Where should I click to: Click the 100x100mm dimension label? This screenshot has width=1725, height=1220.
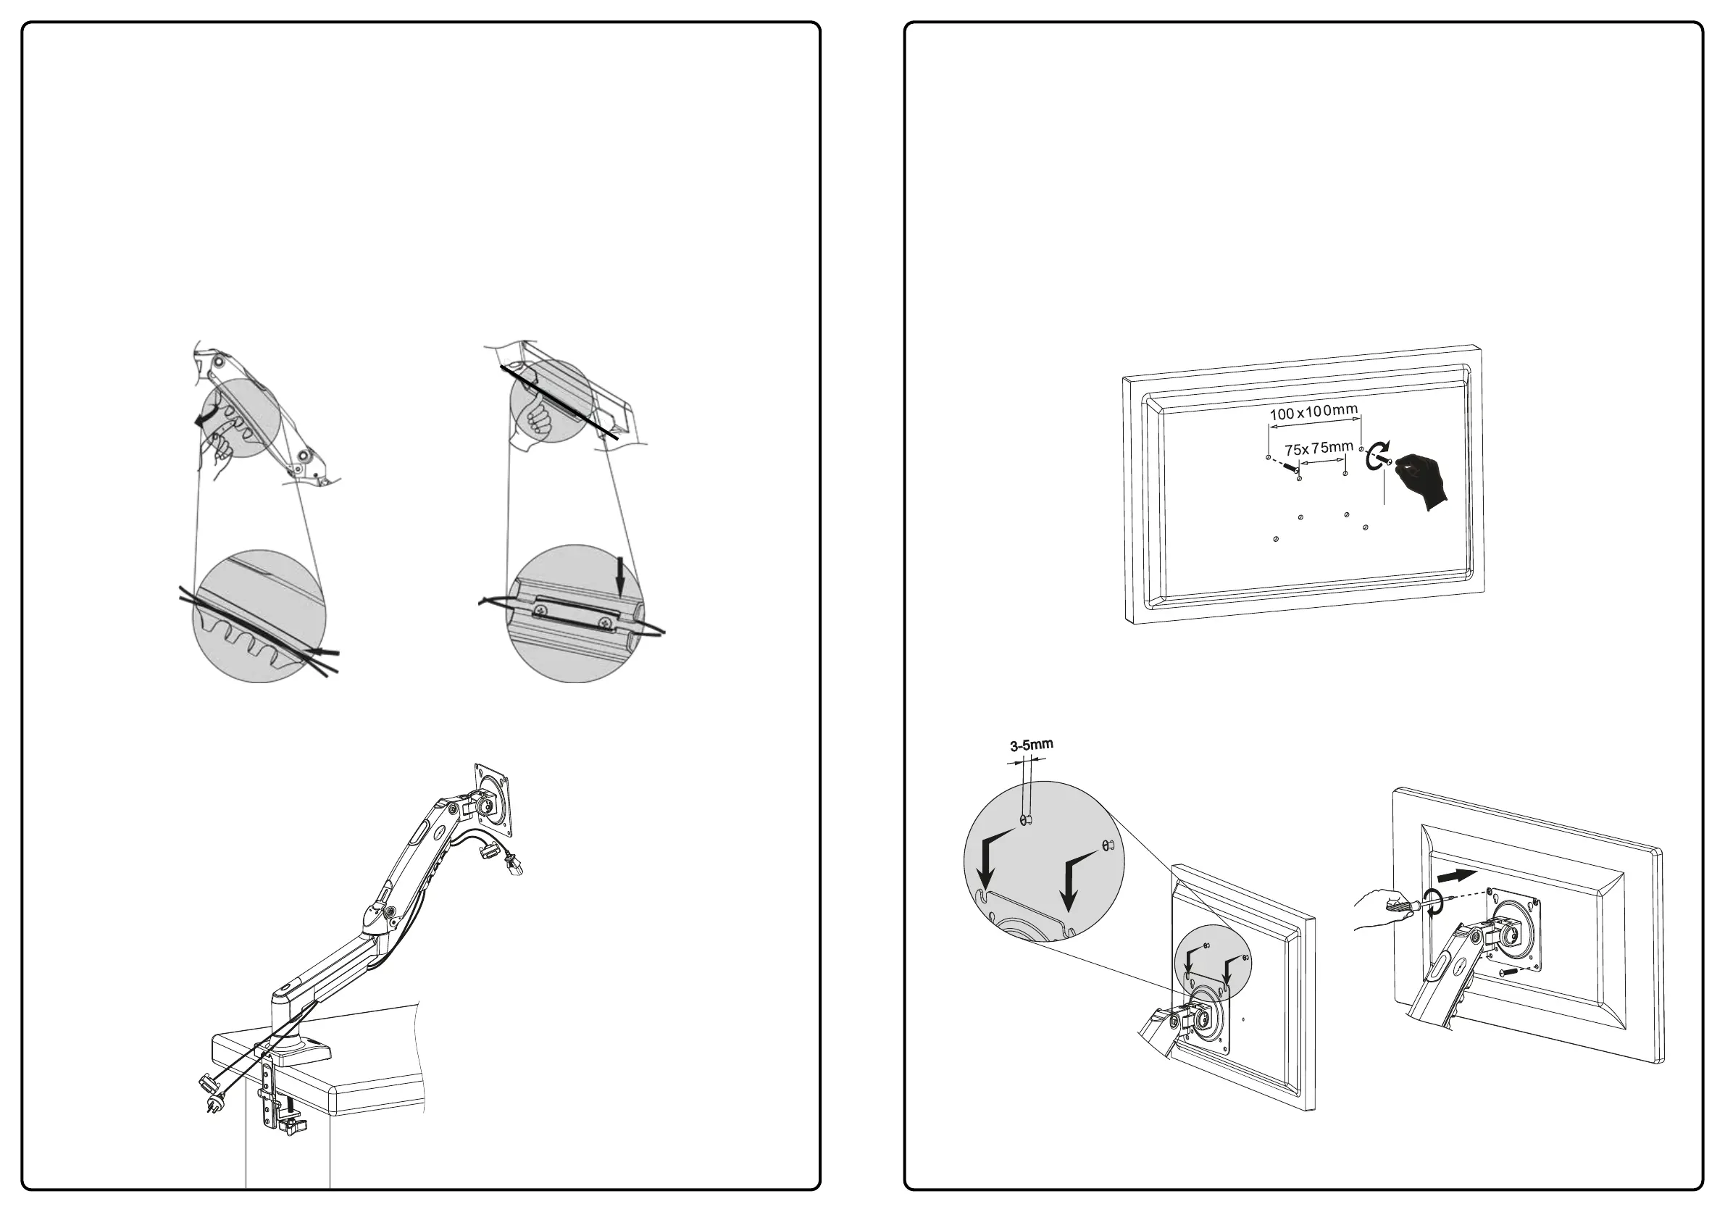1313,412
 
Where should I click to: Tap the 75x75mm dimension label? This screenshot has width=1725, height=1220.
1319,448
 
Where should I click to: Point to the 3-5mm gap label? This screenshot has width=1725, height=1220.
1031,745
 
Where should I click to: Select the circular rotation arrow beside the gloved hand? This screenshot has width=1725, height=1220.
1379,455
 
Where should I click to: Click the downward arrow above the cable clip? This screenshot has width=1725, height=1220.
620,579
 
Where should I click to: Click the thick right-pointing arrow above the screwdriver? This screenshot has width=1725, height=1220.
1456,876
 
